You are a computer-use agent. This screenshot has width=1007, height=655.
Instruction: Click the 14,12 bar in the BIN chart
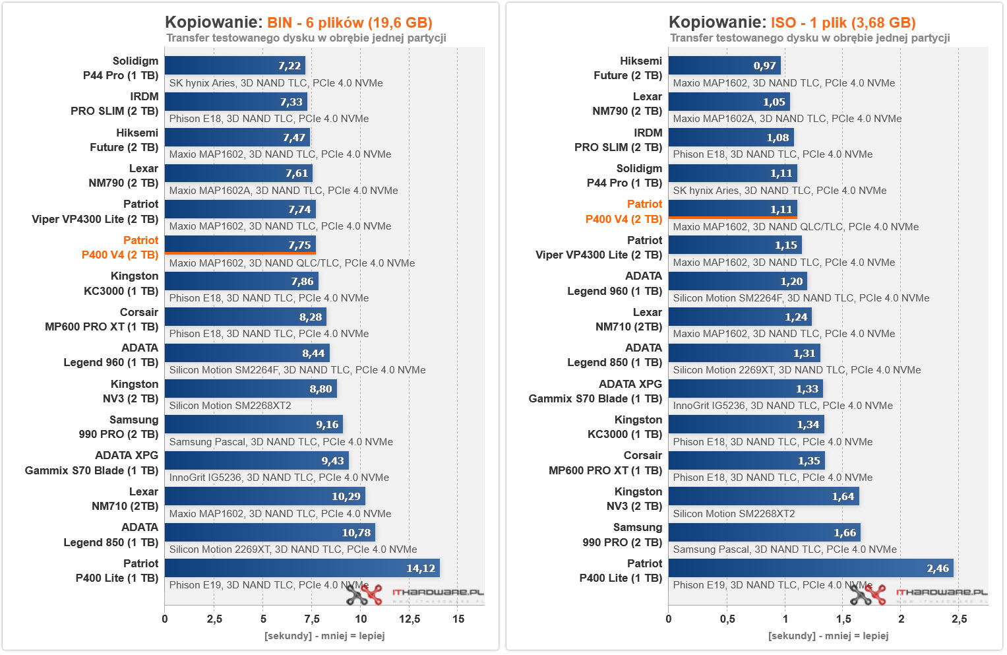click(301, 568)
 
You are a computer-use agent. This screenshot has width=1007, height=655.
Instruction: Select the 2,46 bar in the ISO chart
click(810, 568)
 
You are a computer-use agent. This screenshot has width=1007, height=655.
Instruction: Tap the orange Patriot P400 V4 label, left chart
click(120, 247)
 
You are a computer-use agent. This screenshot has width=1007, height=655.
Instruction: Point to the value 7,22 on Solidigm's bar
click(290, 66)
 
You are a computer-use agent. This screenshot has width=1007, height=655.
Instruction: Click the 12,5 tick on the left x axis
click(410, 619)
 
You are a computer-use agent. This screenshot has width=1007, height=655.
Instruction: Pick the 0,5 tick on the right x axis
click(727, 619)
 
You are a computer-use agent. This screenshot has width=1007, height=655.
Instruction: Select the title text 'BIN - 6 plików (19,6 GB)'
click(350, 22)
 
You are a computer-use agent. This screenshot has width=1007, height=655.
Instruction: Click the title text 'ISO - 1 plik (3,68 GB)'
click(843, 22)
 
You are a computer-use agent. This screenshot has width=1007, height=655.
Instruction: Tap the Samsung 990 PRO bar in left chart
click(253, 424)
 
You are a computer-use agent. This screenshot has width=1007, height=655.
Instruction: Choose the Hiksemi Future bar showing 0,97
click(724, 65)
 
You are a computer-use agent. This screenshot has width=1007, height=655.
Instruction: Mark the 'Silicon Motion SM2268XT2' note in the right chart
click(734, 514)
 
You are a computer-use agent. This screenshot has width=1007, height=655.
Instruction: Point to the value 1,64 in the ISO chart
click(843, 497)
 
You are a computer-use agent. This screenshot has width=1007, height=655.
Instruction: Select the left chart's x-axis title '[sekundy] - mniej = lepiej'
click(324, 636)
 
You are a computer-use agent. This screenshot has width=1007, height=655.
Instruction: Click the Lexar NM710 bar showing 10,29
click(264, 496)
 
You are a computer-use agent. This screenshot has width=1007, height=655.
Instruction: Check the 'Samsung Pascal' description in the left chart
click(281, 442)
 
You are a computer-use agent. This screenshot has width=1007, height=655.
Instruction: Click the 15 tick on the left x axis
click(458, 619)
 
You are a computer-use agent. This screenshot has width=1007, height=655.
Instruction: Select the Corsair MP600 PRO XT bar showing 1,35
click(747, 460)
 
